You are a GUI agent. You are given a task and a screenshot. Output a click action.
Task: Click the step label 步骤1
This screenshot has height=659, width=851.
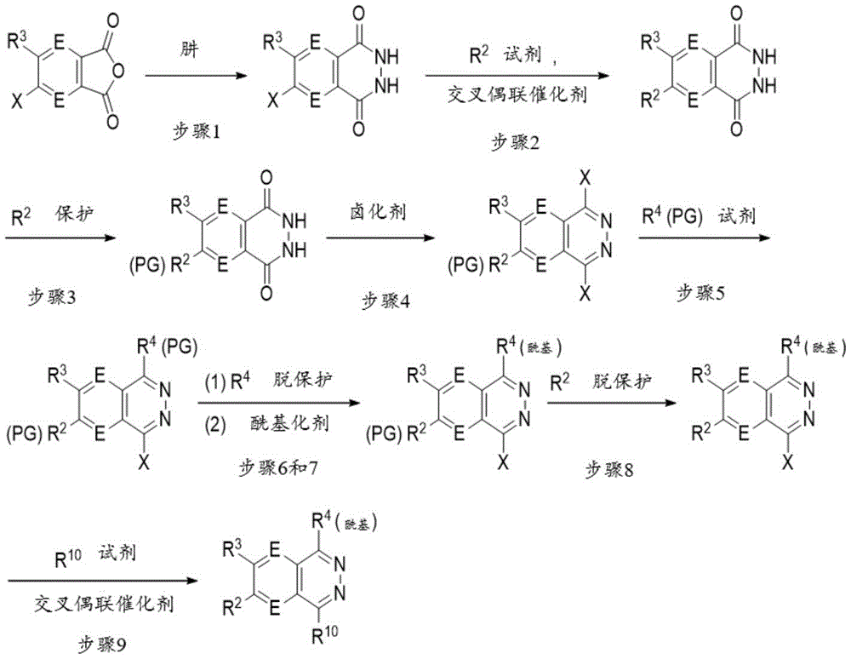196,131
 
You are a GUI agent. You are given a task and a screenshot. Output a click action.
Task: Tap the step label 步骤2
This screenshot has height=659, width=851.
516,142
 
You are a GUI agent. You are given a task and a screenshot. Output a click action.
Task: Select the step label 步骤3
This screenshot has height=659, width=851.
52,297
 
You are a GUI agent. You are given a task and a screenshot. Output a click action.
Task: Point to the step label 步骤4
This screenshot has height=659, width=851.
386,301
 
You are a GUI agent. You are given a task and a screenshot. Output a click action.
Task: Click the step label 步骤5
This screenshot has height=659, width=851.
700,293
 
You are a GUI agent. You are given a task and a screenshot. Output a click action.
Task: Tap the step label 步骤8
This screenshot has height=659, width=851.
609,469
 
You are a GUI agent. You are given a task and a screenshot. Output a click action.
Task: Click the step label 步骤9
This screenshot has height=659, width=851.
103,644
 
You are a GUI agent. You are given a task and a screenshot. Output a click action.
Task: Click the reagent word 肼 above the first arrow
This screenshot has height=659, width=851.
190,49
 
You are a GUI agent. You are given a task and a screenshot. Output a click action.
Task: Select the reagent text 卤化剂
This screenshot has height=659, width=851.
378,211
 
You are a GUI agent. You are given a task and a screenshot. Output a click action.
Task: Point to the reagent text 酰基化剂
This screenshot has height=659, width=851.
290,421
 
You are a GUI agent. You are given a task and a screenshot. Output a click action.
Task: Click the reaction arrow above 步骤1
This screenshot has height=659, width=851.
196,76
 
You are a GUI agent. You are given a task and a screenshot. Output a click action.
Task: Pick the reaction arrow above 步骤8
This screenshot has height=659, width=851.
612,402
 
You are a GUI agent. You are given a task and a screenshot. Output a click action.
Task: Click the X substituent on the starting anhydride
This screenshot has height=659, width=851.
18,100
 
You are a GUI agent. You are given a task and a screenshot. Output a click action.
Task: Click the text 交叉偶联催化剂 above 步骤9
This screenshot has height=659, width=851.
104,603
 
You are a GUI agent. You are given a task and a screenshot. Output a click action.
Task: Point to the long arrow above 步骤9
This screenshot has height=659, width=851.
103,581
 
